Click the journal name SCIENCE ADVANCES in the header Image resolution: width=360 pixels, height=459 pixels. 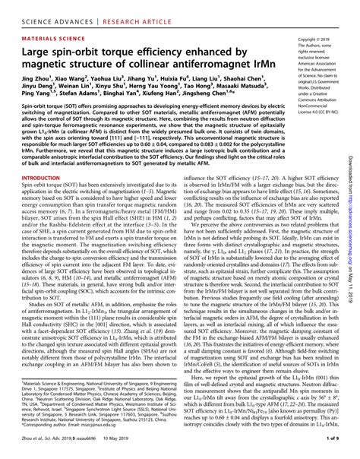[x=39, y=8]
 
